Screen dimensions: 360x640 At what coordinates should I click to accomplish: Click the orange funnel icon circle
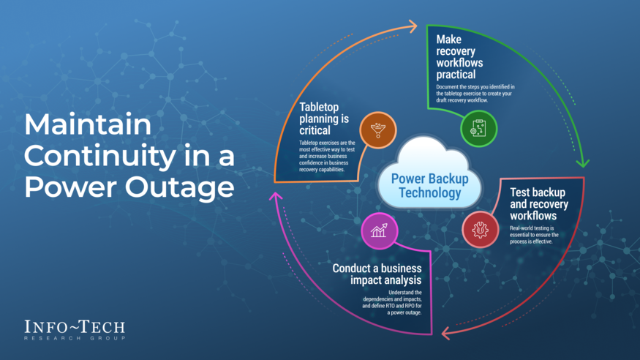(x=378, y=130)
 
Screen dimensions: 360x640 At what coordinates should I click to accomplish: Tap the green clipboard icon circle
(x=478, y=130)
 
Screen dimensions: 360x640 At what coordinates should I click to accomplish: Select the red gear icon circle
(x=481, y=230)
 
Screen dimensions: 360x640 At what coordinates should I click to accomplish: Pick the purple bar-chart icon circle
(x=379, y=231)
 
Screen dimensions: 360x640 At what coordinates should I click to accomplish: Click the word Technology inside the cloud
(x=430, y=193)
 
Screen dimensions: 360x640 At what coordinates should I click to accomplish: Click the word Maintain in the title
(x=88, y=125)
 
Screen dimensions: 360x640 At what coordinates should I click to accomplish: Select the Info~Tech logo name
(x=75, y=326)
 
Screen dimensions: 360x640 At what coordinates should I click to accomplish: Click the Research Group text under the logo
(x=75, y=338)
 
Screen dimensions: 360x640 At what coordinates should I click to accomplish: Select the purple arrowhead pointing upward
(x=276, y=198)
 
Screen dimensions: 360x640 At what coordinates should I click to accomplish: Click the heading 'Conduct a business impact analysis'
(x=377, y=274)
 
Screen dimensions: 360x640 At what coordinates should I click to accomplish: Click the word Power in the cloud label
(x=408, y=178)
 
